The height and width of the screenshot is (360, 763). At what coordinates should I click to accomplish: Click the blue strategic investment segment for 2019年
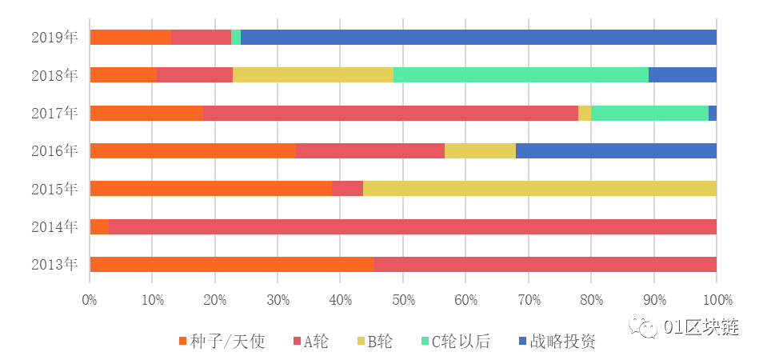pyautogui.click(x=478, y=37)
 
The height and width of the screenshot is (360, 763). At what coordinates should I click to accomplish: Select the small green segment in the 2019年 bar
pyautogui.click(x=236, y=37)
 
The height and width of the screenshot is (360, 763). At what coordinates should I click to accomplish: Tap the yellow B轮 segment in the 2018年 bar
pyautogui.click(x=313, y=74)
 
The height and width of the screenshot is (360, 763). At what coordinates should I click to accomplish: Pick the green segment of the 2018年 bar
pyautogui.click(x=521, y=74)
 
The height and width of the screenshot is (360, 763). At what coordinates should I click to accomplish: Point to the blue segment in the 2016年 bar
pyautogui.click(x=616, y=150)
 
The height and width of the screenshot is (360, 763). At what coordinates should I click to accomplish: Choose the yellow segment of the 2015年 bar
pyautogui.click(x=540, y=188)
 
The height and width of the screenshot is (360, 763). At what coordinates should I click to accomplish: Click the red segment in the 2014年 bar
pyautogui.click(x=412, y=226)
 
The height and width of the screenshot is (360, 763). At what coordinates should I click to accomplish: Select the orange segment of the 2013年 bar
pyautogui.click(x=232, y=264)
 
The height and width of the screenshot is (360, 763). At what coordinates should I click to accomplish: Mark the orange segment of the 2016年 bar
pyautogui.click(x=193, y=150)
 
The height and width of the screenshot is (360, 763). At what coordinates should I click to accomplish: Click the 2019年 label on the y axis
pyautogui.click(x=54, y=37)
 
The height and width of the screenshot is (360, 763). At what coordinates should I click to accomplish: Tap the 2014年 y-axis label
pyautogui.click(x=54, y=226)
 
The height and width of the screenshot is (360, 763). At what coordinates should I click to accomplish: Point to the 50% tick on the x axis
pyautogui.click(x=403, y=300)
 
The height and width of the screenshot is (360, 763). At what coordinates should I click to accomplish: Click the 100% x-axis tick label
pyautogui.click(x=717, y=300)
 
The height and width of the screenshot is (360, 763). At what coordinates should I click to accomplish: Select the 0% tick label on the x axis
pyautogui.click(x=90, y=300)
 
